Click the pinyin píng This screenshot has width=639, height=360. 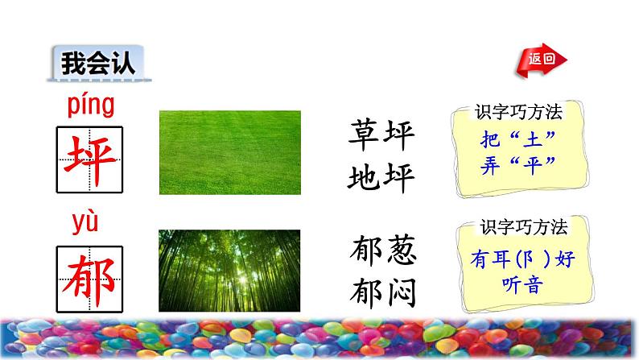91,106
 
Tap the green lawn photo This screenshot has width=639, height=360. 229,152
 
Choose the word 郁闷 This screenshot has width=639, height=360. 383,292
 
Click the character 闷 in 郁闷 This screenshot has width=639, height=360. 402,292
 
